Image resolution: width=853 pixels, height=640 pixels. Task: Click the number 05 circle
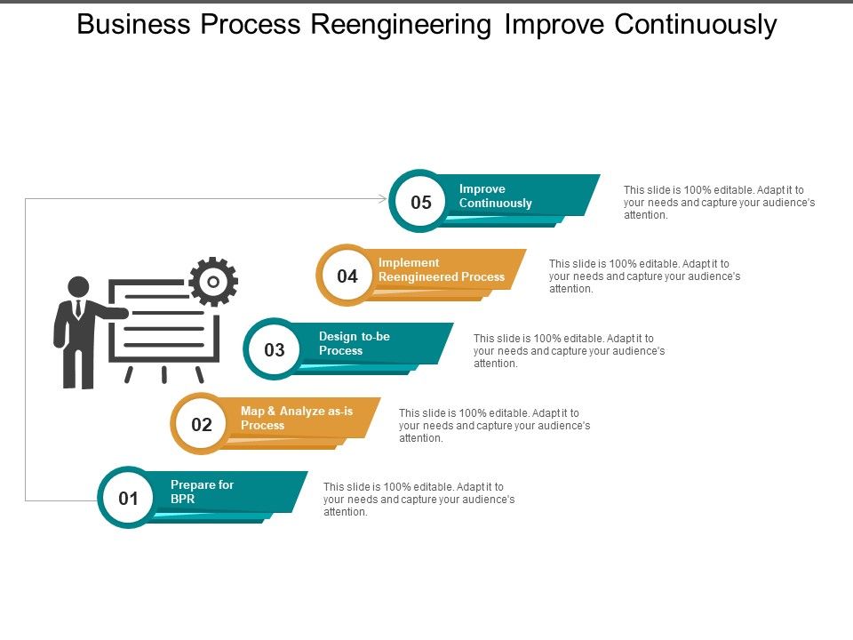click(x=420, y=202)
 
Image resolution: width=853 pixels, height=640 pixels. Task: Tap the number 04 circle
click(x=347, y=276)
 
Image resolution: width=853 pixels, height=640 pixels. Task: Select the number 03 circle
click(x=275, y=349)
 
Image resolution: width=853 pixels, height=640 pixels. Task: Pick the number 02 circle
click(x=202, y=424)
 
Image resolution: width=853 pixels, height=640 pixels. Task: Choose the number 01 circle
click(x=129, y=498)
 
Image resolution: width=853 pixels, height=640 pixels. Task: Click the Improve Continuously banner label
click(x=495, y=196)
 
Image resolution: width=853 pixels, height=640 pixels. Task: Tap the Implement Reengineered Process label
click(x=441, y=269)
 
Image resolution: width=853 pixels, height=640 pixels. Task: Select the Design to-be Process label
click(x=354, y=343)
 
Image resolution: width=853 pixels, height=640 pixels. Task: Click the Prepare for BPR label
click(x=202, y=492)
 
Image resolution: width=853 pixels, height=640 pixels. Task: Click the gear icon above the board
click(x=213, y=282)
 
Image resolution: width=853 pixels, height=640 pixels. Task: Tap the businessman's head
click(x=79, y=287)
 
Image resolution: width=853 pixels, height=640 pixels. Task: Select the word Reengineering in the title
click(x=402, y=25)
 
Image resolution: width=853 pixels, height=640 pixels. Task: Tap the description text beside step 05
click(x=718, y=202)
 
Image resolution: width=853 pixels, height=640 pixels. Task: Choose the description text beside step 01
click(x=418, y=499)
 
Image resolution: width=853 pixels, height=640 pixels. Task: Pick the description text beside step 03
click(x=569, y=350)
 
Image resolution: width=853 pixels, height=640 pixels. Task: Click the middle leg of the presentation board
click(x=164, y=373)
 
